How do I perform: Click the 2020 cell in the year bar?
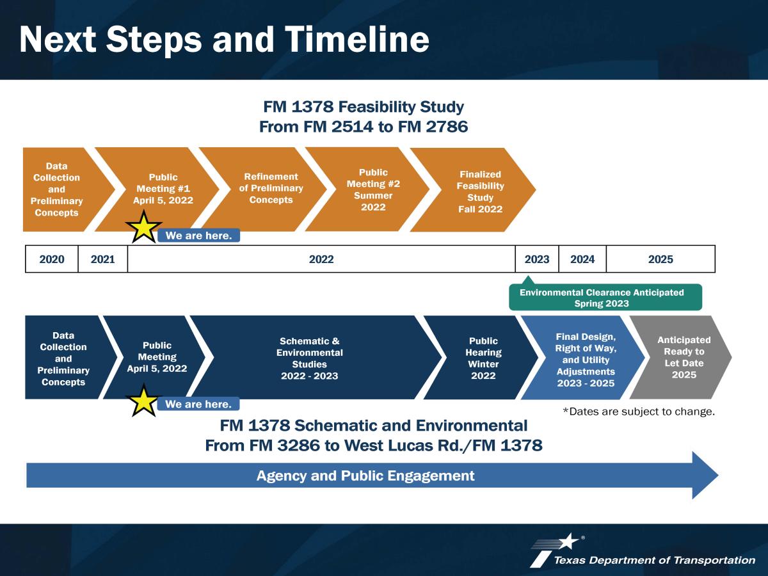click(x=52, y=259)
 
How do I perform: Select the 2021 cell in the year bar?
click(x=103, y=259)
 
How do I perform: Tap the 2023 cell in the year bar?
click(x=537, y=259)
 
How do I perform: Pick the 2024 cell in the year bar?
click(x=582, y=259)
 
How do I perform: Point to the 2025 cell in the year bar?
click(x=660, y=259)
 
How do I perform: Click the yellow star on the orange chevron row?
click(x=143, y=227)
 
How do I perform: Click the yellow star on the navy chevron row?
click(x=143, y=401)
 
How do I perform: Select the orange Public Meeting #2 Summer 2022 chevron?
click(x=371, y=189)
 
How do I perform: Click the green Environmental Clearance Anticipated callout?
click(x=605, y=297)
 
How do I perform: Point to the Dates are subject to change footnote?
click(x=639, y=412)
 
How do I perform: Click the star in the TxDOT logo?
click(x=569, y=541)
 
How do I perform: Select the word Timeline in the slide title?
click(x=357, y=39)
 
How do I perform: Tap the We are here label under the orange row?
click(x=199, y=236)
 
